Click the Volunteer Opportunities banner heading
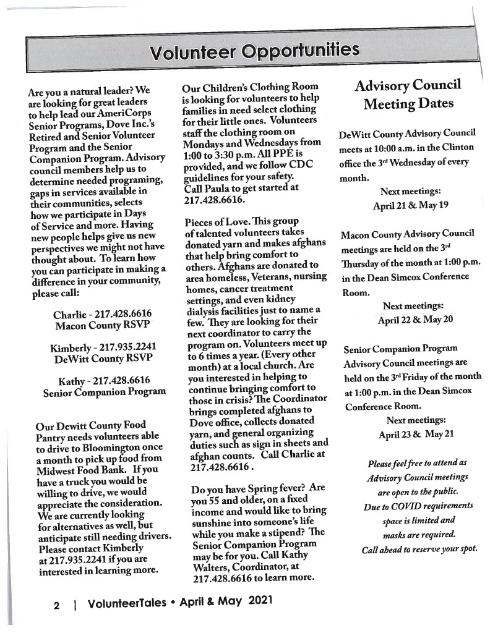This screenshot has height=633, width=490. [x=254, y=51]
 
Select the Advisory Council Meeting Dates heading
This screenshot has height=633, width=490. [x=407, y=93]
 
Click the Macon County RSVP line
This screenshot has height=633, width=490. [x=102, y=325]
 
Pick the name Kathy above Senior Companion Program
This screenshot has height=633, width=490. [x=72, y=380]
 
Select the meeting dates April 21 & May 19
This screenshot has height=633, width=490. [x=410, y=205]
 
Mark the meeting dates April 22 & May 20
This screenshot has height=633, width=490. [x=415, y=320]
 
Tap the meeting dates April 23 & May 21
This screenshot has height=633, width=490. [x=416, y=434]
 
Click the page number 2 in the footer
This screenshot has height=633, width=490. [x=56, y=605]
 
